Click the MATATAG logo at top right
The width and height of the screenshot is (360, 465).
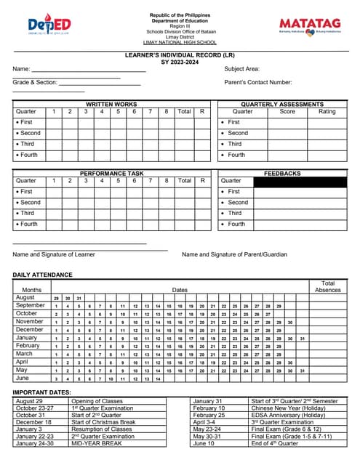click(x=310, y=25)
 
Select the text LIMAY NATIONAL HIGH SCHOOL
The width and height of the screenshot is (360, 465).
click(x=180, y=43)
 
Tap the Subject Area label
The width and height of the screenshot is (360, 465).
click(x=241, y=69)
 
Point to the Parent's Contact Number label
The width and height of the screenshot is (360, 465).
click(x=258, y=82)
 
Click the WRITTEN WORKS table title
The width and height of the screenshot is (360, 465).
click(x=111, y=105)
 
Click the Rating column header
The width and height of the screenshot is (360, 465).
click(x=327, y=112)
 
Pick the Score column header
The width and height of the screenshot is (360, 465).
click(x=287, y=112)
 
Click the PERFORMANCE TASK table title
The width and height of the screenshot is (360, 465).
click(x=111, y=174)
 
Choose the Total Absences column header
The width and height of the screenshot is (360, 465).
click(x=327, y=286)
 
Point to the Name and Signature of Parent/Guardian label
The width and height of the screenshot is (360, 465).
click(x=234, y=254)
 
